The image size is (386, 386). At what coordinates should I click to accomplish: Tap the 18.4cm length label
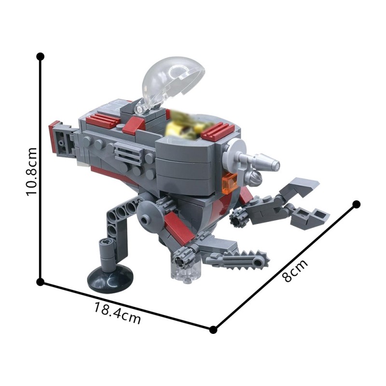click(x=118, y=314)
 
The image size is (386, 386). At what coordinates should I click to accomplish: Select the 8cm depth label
click(x=294, y=271)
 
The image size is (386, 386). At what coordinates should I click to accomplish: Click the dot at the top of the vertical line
click(x=41, y=56)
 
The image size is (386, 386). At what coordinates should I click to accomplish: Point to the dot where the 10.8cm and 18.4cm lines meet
click(x=41, y=281)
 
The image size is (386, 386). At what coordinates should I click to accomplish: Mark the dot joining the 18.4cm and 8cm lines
click(x=213, y=330)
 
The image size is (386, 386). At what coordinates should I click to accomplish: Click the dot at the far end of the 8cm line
click(x=357, y=204)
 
